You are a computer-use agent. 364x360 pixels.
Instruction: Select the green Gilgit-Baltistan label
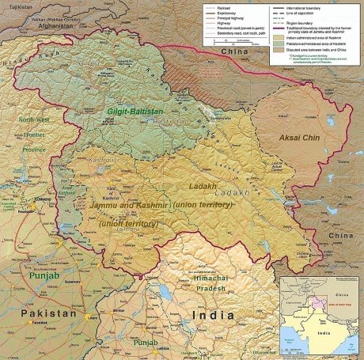click(110, 114)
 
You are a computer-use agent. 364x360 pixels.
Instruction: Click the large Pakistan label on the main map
click(50, 313)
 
